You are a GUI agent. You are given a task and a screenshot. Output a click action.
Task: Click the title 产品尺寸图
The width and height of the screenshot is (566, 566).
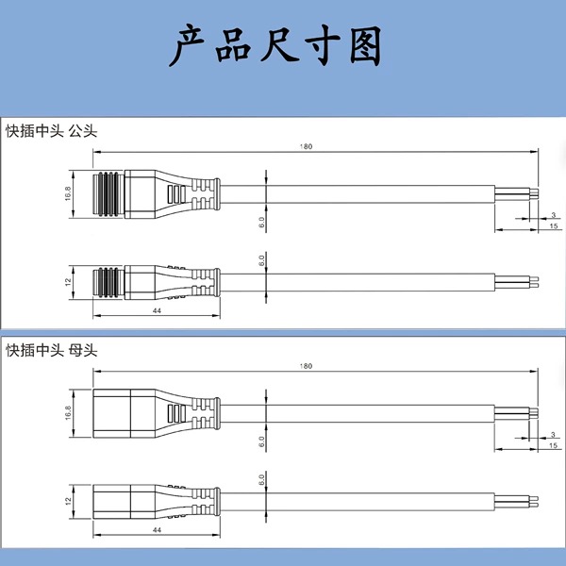[275, 45]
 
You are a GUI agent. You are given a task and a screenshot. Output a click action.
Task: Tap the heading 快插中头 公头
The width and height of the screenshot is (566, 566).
[52, 131]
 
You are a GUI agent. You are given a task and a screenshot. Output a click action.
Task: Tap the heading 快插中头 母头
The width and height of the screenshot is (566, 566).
[52, 350]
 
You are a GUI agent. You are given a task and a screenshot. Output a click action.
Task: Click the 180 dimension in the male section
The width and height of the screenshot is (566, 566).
[306, 146]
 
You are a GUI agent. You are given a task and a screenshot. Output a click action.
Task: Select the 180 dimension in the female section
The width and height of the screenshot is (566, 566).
[306, 366]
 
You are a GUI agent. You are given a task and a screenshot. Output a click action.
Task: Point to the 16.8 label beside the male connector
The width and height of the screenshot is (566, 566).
[68, 193]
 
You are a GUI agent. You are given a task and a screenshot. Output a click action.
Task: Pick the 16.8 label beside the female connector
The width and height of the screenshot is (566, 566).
[68, 413]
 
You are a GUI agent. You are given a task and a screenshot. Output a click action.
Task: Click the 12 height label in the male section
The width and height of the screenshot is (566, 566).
[68, 282]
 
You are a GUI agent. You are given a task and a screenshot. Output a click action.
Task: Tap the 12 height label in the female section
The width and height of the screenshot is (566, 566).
[68, 501]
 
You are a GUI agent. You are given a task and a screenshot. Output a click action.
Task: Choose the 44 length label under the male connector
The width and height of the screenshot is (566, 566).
[157, 310]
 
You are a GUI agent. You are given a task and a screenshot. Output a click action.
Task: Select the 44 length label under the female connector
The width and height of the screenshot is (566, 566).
[157, 530]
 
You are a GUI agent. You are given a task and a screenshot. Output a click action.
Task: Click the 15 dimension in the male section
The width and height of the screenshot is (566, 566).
[554, 226]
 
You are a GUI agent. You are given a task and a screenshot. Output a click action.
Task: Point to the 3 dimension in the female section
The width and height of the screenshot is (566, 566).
[553, 435]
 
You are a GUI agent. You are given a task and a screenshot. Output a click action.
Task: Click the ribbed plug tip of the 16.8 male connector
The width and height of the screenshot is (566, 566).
[108, 193]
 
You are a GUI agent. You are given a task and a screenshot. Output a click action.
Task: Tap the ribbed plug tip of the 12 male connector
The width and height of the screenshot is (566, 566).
[108, 282]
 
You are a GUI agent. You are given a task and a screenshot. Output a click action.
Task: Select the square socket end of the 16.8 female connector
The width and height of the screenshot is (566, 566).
[124, 413]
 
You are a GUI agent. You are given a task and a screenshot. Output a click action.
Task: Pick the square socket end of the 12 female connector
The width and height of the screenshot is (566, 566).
[124, 502]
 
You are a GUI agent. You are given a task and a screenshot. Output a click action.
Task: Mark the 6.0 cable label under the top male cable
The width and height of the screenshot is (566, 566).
[261, 223]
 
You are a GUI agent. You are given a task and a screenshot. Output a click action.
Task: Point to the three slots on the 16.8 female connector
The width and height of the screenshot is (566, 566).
[176, 413]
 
